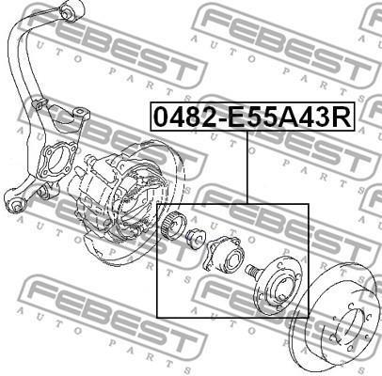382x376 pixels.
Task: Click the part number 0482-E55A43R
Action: pyautogui.click(x=252, y=117)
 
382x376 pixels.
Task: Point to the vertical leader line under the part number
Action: pyautogui.click(x=247, y=167)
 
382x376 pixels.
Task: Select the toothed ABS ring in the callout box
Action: pyautogui.click(x=174, y=226)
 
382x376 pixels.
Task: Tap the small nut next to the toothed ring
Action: pyautogui.click(x=196, y=240)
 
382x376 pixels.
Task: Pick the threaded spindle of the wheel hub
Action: pyautogui.click(x=252, y=270)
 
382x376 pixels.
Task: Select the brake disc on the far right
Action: pyautogui.click(x=336, y=320)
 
